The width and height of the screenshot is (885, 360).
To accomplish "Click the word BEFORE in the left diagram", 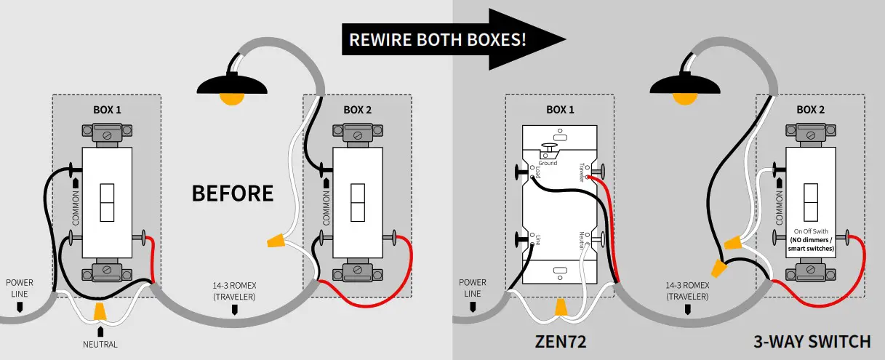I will click(232, 193).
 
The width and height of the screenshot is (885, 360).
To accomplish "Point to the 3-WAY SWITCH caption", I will click(812, 341).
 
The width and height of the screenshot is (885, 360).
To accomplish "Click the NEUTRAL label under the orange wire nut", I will click(100, 344).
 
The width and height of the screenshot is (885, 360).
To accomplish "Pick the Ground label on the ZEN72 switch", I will click(548, 163).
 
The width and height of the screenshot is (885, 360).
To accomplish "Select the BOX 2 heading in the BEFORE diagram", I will click(357, 110).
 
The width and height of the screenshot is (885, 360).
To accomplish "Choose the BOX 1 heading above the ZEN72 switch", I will click(560, 110).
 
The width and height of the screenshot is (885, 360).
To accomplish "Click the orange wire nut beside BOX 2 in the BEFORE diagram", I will click(275, 238).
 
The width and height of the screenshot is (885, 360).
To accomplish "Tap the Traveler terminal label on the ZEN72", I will click(580, 172).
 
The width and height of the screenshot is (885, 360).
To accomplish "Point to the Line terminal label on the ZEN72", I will click(537, 239).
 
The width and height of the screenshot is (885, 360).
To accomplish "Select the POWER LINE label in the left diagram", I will click(20, 287).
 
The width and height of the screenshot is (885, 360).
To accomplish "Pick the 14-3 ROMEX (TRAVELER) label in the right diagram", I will click(687, 291).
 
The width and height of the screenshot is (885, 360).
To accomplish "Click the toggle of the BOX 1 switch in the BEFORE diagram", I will click(106, 202).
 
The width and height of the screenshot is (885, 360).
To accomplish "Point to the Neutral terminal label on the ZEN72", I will click(581, 241).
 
